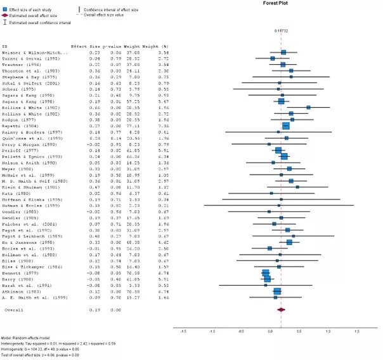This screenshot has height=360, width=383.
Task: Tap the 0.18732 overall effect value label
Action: (x=282, y=30)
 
